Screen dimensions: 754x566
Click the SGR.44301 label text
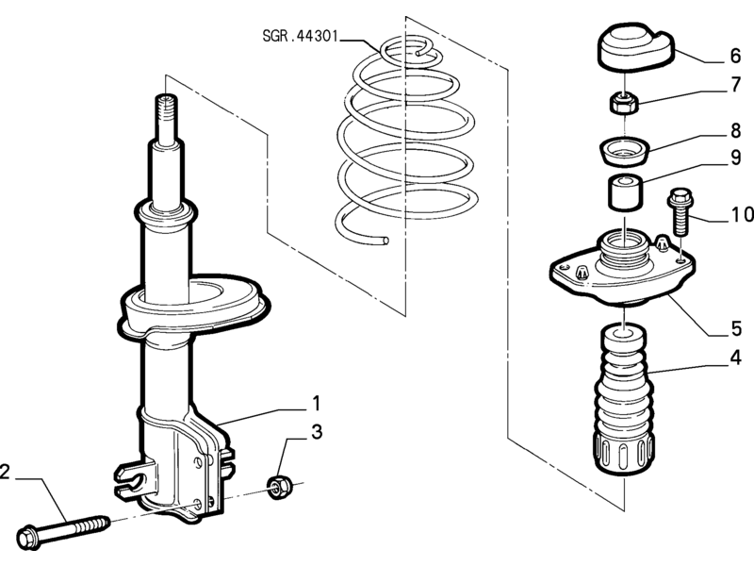coord(301,36)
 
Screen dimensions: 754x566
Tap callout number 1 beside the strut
coord(316,404)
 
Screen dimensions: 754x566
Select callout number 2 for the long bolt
coord(5,472)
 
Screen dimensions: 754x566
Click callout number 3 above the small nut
coord(317,432)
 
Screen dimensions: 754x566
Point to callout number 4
coord(735,358)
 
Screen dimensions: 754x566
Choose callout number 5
coord(736,328)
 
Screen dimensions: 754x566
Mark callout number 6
coord(736,56)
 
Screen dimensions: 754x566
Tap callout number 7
coord(736,85)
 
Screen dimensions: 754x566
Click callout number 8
coord(736,130)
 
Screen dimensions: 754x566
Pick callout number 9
coord(736,158)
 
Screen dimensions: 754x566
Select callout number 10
coord(742,215)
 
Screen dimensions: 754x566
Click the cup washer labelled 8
coord(625,151)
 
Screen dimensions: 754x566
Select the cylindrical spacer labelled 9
coord(625,192)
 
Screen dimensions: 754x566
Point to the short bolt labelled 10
coord(680,211)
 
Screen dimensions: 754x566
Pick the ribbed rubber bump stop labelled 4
coord(624,400)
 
